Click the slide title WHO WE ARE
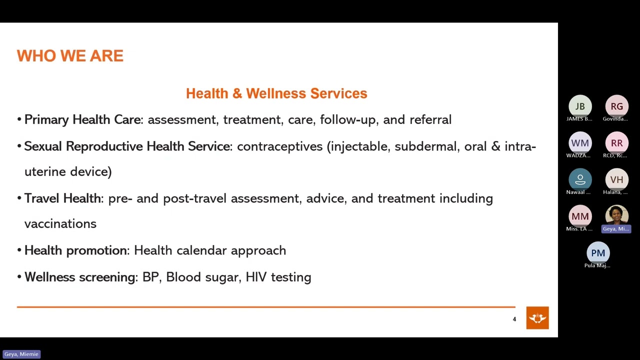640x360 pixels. (x=70, y=56)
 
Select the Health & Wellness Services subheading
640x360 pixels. (x=276, y=93)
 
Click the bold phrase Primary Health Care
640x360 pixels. (x=82, y=120)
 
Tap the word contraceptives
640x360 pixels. (x=279, y=146)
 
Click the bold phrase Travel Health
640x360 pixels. (x=62, y=198)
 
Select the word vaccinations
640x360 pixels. (x=60, y=224)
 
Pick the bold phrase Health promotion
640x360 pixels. (x=76, y=250)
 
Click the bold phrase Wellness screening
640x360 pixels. (x=80, y=277)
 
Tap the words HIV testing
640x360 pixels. (x=278, y=277)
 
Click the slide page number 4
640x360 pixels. (x=514, y=319)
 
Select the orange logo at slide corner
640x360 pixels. (x=537, y=318)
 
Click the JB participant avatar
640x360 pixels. (x=580, y=106)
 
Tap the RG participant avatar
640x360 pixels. (x=616, y=106)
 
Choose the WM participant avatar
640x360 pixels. (x=580, y=143)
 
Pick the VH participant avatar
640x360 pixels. (x=616, y=179)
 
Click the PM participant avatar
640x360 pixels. (x=598, y=253)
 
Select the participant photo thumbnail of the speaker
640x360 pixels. (x=616, y=215)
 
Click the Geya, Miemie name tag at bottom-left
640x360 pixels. (x=21, y=354)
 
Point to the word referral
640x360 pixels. (x=430, y=120)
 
